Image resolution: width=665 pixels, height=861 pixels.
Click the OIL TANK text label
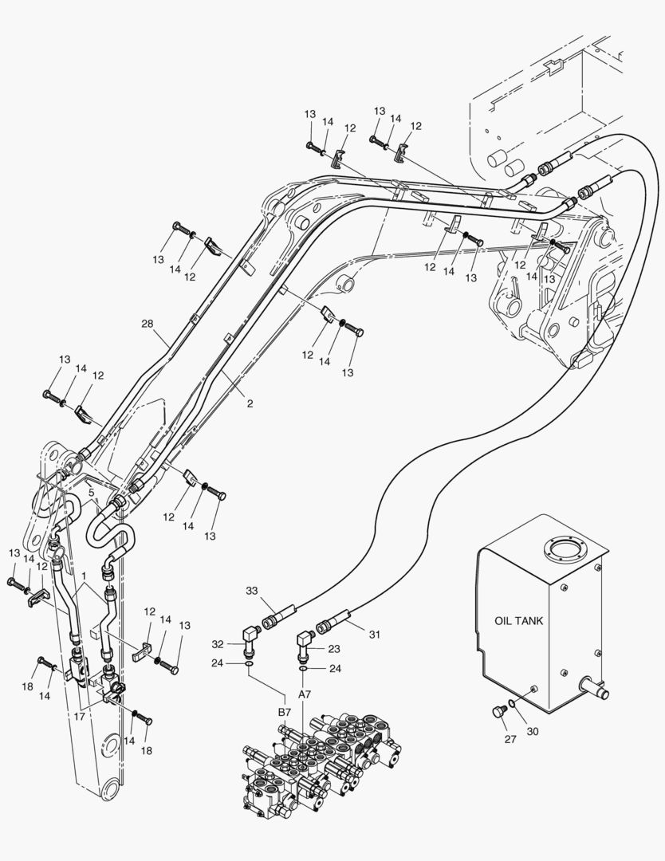coord(519,621)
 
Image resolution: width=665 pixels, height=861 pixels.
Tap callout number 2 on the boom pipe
coord(250,404)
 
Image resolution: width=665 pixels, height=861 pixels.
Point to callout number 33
coord(252,591)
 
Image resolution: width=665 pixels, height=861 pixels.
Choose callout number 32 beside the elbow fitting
coord(218,643)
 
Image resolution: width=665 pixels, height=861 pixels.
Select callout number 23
coord(334,648)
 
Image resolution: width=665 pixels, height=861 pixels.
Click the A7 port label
coord(305,694)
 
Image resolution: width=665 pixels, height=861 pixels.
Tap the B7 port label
coord(284,711)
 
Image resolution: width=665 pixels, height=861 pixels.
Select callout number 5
coord(92,493)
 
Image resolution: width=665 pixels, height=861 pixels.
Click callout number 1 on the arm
coord(84,576)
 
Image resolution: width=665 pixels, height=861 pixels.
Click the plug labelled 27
coord(500,710)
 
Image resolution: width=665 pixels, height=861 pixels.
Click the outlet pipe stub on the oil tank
coord(594,684)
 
